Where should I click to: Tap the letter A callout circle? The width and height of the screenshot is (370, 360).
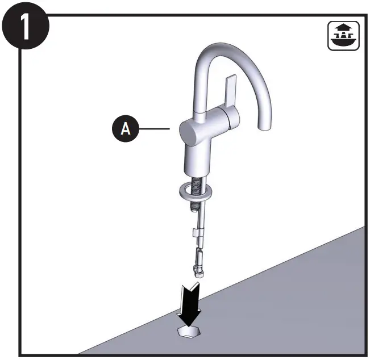click(x=126, y=129)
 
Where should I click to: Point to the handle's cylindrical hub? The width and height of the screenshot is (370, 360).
click(x=230, y=119)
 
